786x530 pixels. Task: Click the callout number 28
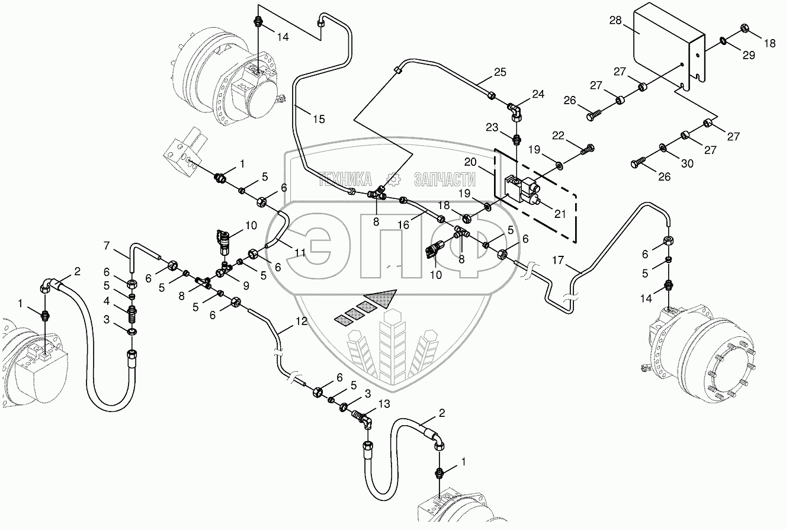click(x=615, y=21)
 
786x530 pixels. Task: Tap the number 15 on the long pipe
click(x=319, y=120)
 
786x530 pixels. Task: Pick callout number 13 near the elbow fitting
click(x=384, y=404)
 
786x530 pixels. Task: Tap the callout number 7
click(x=107, y=245)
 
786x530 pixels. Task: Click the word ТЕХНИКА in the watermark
click(x=345, y=179)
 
